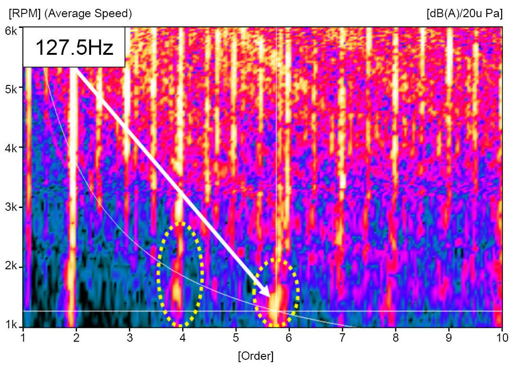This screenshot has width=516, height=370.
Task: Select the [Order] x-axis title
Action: pyautogui.click(x=255, y=356)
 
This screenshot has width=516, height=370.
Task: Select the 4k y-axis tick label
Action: pyautogui.click(x=12, y=148)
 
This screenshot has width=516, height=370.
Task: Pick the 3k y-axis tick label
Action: pyautogui.click(x=12, y=207)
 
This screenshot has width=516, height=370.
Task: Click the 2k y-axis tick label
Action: pyautogui.click(x=12, y=266)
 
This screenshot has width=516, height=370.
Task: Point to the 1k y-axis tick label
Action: pyautogui.click(x=12, y=325)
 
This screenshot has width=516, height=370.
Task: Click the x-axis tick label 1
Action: pyautogui.click(x=23, y=337)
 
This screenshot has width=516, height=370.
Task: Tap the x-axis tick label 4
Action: pyautogui.click(x=183, y=337)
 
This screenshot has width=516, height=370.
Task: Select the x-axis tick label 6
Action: pyautogui.click(x=289, y=337)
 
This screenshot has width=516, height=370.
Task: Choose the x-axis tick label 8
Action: pyautogui.click(x=396, y=337)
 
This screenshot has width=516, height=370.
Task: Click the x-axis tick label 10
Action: pyautogui.click(x=501, y=337)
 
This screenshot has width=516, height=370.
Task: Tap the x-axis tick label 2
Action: pyautogui.click(x=77, y=337)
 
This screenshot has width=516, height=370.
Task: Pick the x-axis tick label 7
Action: pyautogui.click(x=343, y=337)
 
